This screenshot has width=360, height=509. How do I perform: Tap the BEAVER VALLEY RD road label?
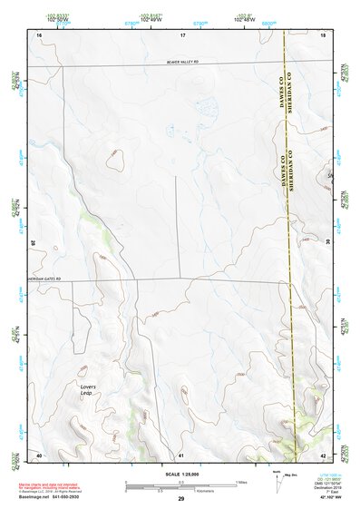click(180, 62)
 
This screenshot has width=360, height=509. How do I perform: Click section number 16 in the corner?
click(39, 34)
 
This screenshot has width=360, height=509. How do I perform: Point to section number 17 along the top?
click(181, 34)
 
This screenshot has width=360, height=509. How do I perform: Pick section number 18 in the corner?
click(324, 34)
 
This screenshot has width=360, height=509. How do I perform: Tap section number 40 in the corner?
click(39, 454)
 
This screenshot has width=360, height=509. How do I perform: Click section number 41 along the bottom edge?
click(181, 454)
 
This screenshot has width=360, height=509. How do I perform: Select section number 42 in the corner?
click(324, 454)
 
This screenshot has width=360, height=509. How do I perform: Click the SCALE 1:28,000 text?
click(180, 474)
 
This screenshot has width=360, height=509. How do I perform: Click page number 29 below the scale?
click(180, 500)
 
